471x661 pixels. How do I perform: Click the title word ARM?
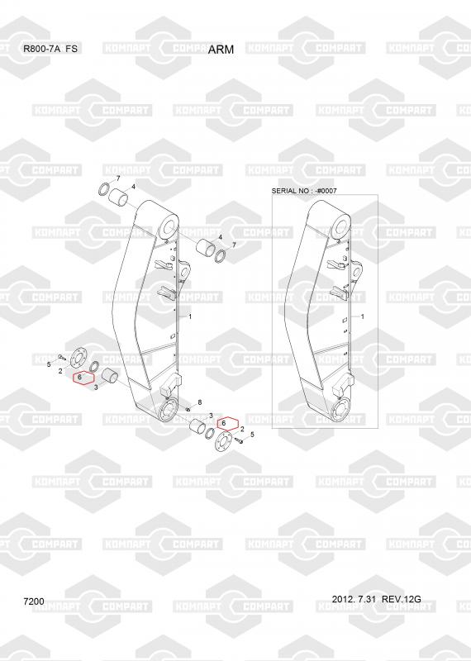(x=221, y=50)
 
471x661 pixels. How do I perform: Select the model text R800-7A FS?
(x=50, y=49)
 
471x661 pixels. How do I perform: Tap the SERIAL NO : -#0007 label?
(x=304, y=191)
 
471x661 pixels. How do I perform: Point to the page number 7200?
(x=34, y=602)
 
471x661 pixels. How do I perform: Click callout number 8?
(x=199, y=402)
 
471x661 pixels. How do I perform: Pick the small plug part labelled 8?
(x=188, y=409)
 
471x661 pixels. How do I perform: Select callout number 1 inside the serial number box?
(x=363, y=316)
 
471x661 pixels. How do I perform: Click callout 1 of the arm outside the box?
(x=190, y=316)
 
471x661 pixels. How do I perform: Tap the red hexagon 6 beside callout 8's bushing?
(x=227, y=423)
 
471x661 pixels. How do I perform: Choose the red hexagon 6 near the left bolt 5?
(x=83, y=378)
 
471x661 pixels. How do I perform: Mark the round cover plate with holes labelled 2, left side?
(x=78, y=358)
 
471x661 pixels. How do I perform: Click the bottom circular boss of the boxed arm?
(x=341, y=411)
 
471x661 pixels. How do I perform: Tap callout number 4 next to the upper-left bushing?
(x=133, y=187)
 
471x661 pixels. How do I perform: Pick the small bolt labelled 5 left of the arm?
(x=61, y=357)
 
